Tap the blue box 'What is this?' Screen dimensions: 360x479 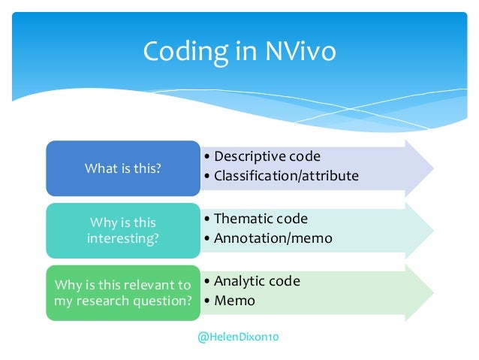point(123,168)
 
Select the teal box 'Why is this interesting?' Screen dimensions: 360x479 point(123,230)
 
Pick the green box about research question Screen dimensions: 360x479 point(123,292)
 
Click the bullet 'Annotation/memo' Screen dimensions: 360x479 point(268,238)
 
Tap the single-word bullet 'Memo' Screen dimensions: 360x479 point(234,301)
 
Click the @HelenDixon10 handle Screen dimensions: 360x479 point(238,338)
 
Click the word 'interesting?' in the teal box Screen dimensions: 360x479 point(123,238)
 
